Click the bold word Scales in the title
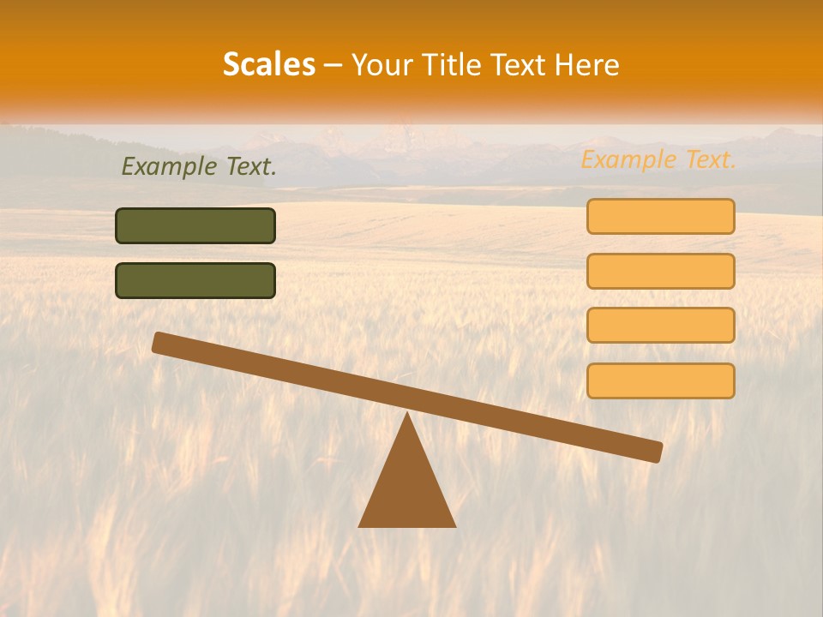268,65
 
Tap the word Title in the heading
454,65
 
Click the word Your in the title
382,65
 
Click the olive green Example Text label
199,167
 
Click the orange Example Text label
658,159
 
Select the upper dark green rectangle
195,226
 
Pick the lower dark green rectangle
195,281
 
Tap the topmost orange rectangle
660,216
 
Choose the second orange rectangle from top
660,271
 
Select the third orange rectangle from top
660,326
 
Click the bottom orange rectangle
660,380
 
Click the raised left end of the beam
160,343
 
